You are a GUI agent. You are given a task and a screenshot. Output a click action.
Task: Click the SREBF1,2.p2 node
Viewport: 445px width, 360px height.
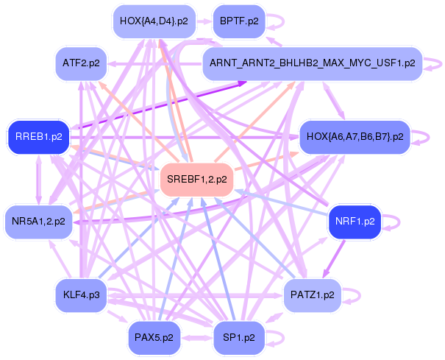tap(196, 180)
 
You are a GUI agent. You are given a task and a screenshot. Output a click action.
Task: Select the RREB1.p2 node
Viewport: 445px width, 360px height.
tap(38, 137)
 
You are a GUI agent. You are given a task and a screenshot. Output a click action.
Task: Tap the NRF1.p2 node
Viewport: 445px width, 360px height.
tap(355, 221)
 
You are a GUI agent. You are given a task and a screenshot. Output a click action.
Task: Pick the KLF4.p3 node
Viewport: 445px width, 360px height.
tap(82, 295)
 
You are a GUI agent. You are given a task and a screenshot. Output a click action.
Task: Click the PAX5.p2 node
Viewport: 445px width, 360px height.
tap(154, 338)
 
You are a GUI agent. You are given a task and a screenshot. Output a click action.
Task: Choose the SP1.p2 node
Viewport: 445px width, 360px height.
tap(238, 338)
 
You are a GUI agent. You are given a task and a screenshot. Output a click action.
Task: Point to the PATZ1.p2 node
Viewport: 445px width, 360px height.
tap(312, 294)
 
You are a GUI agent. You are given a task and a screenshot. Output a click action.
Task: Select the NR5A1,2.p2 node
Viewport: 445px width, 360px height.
tap(38, 220)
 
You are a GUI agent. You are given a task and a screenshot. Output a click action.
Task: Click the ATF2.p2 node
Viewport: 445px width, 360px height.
tap(81, 63)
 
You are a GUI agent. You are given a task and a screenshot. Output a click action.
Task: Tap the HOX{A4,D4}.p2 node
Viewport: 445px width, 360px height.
tap(154, 21)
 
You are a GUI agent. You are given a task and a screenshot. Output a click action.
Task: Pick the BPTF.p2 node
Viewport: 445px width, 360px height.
tap(238, 21)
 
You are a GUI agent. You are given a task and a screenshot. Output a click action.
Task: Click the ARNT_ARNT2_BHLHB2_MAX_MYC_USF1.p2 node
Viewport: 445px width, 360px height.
tap(312, 63)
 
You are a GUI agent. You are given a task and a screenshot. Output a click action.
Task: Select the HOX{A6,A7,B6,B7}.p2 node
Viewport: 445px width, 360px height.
tap(355, 137)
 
